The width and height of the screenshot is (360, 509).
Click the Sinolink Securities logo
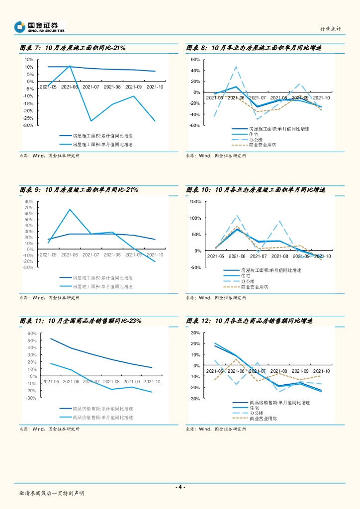pos(39,27)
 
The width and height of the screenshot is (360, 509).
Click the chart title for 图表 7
pos(73,48)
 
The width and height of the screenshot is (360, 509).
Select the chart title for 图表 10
pos(256,190)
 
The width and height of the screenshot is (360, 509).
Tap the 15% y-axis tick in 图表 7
pos(29,60)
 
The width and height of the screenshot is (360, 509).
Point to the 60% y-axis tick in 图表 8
pos(195,60)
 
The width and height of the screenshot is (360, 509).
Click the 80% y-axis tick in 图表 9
pos(28,202)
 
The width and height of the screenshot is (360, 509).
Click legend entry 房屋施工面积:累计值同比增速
pos(102,136)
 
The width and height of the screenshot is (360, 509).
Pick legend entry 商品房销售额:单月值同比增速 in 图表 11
pos(102,418)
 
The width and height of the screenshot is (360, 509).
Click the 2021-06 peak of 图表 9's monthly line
pos(70,209)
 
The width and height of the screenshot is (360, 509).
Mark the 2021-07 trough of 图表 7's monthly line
pos(91,121)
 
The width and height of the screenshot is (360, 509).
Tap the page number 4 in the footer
pos(180,487)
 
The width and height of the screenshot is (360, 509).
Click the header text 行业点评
pos(330,29)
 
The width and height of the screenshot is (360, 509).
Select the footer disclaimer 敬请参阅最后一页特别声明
pos(52,493)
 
